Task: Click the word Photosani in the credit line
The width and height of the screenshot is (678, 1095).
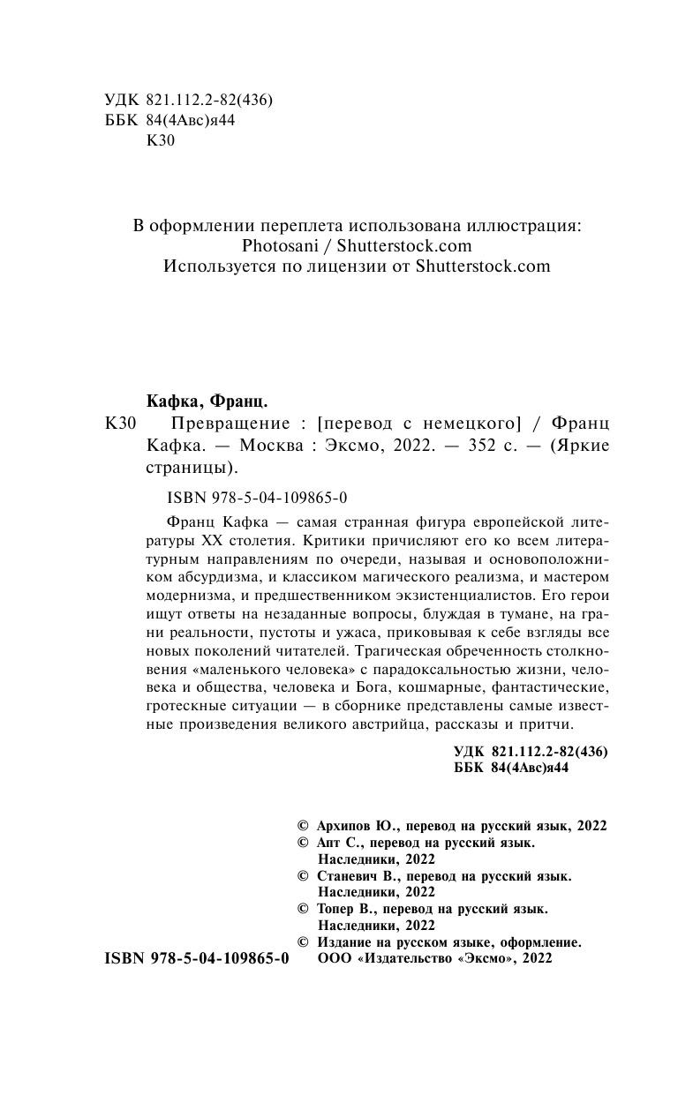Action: (281, 246)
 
